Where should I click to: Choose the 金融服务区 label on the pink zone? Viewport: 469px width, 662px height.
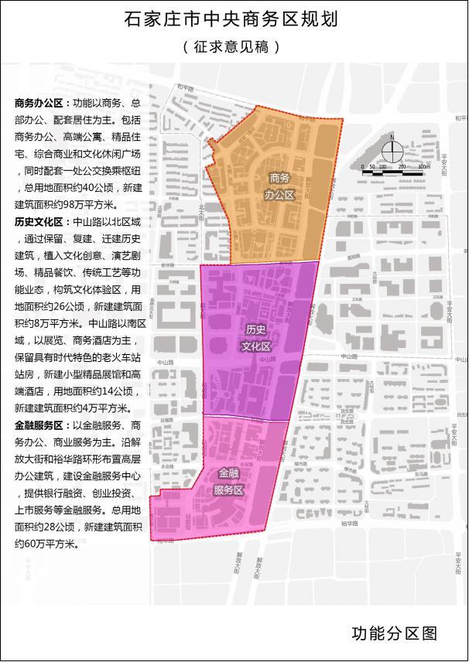pos(229,481)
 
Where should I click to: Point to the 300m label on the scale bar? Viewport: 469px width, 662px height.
pos(423,166)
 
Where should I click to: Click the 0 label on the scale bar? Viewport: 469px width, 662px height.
pos(363,166)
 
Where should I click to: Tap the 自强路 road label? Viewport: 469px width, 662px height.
pos(165,420)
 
